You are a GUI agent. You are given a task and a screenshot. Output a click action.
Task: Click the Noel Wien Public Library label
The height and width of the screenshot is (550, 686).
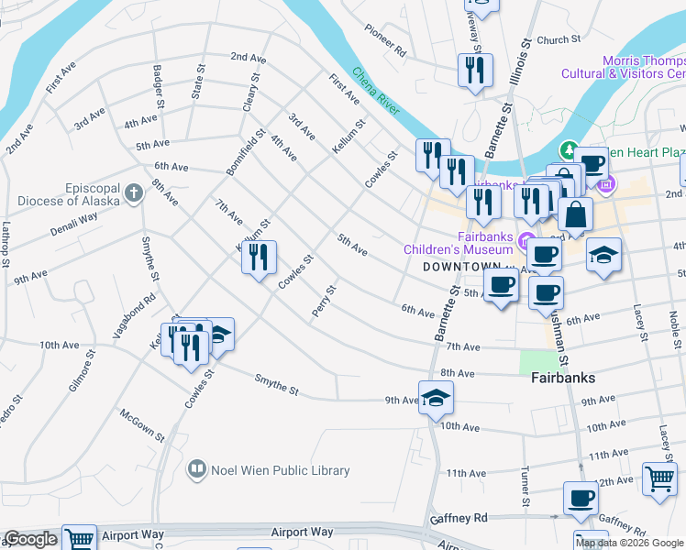tap(281, 471)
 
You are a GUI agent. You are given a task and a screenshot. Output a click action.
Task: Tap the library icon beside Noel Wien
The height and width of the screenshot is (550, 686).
tap(196, 471)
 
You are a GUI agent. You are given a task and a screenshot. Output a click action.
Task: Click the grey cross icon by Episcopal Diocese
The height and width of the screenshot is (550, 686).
tap(135, 193)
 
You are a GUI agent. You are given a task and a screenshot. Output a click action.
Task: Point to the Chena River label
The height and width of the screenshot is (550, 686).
tap(376, 92)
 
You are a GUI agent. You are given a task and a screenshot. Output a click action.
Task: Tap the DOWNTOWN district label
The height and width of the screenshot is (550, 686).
tap(462, 267)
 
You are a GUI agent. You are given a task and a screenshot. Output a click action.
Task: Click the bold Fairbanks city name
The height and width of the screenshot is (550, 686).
tap(563, 378)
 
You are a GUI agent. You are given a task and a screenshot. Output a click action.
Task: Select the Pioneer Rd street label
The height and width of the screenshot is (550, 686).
tap(385, 42)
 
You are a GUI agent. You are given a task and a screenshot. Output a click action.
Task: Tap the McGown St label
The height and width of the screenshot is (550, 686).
tap(142, 424)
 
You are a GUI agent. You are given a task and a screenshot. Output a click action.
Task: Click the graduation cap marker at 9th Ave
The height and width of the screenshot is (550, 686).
tap(437, 398)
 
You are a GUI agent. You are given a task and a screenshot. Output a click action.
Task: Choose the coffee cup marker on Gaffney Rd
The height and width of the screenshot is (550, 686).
tap(580, 500)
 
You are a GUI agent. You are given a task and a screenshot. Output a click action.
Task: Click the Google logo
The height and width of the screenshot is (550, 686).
tap(30, 540)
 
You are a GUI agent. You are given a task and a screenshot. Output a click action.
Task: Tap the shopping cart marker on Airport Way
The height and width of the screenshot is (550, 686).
tap(80, 540)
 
